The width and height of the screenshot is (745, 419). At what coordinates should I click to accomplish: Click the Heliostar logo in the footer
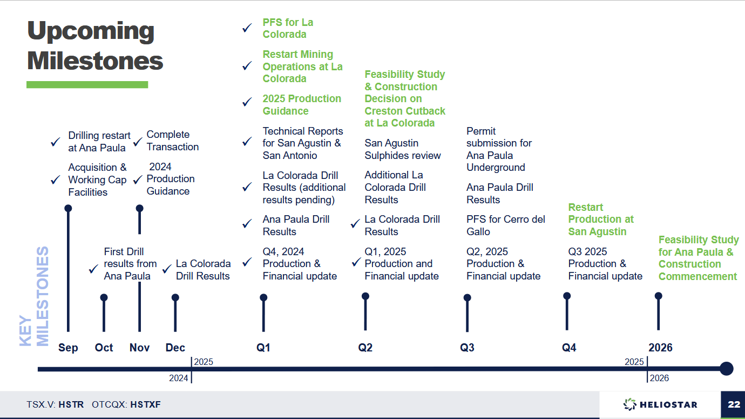click(x=660, y=404)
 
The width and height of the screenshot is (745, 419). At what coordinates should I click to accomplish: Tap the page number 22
click(x=733, y=404)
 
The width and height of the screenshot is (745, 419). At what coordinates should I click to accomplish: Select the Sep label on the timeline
click(x=68, y=348)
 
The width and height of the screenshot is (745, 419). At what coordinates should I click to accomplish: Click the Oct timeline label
click(x=104, y=348)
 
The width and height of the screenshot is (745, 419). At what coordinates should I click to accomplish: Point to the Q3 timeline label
click(x=467, y=348)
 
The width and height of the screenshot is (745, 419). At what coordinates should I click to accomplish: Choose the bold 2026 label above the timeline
click(x=660, y=348)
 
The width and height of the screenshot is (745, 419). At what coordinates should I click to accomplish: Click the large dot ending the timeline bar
click(x=726, y=369)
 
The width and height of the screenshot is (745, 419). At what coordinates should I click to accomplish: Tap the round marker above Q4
click(x=567, y=296)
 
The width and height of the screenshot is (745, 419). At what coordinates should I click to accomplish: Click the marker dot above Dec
click(x=175, y=297)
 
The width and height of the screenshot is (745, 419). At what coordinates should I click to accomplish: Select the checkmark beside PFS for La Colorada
click(x=247, y=28)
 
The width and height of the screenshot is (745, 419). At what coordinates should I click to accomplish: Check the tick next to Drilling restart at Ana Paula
click(x=55, y=142)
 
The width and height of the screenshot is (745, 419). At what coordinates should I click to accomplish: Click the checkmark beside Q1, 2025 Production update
click(x=355, y=263)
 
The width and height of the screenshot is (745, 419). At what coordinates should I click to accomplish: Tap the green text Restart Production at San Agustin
click(x=600, y=220)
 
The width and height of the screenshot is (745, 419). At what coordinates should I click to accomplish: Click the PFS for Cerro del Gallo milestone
click(x=505, y=225)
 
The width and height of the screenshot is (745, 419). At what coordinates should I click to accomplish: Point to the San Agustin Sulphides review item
click(x=402, y=149)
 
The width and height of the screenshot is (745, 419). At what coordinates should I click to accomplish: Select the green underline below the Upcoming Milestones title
click(x=87, y=84)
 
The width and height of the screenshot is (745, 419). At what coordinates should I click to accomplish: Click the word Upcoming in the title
click(x=91, y=31)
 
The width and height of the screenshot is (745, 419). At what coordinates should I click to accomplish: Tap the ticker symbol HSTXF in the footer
click(x=145, y=404)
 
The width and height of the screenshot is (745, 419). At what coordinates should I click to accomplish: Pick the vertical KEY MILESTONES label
click(x=35, y=296)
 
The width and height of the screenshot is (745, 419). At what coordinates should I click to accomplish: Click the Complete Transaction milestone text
click(x=172, y=141)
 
